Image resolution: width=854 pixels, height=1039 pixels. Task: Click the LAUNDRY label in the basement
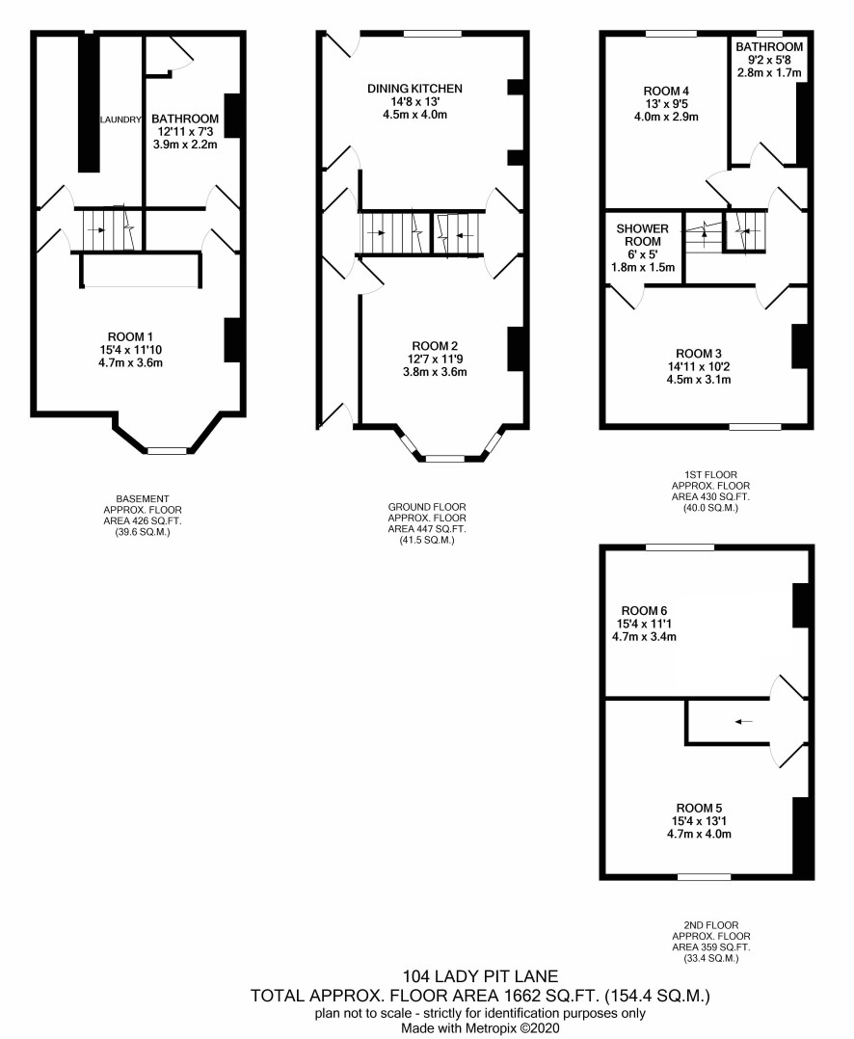pyautogui.click(x=120, y=120)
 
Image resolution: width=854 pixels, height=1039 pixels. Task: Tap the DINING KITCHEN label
pyautogui.click(x=414, y=88)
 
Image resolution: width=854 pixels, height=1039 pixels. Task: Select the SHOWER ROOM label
pyautogui.click(x=643, y=234)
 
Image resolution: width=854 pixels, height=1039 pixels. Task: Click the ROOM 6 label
pyautogui.click(x=644, y=611)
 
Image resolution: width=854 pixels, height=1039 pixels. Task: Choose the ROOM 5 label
pyautogui.click(x=699, y=808)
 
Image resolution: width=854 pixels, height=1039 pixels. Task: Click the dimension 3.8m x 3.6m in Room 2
pyautogui.click(x=435, y=372)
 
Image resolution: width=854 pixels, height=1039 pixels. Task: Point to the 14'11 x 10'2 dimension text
pyautogui.click(x=699, y=366)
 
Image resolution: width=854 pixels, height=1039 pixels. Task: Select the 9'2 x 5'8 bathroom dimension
pyautogui.click(x=769, y=60)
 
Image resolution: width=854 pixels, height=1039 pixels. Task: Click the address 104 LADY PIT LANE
pyautogui.click(x=480, y=976)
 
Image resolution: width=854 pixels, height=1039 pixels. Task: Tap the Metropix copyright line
pyautogui.click(x=480, y=1028)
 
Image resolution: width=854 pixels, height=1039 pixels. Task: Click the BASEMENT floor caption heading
pyautogui.click(x=143, y=498)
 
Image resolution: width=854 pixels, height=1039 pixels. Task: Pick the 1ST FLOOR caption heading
pyautogui.click(x=711, y=474)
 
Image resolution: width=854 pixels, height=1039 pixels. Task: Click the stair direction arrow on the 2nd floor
pyautogui.click(x=743, y=721)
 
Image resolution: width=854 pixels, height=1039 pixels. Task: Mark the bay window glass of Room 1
pyautogui.click(x=167, y=451)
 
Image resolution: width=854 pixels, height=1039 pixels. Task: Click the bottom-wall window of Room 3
pyautogui.click(x=755, y=427)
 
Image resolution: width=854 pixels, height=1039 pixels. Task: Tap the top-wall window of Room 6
pyautogui.click(x=681, y=547)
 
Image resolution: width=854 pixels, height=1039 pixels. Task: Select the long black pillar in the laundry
pyautogui.click(x=89, y=102)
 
